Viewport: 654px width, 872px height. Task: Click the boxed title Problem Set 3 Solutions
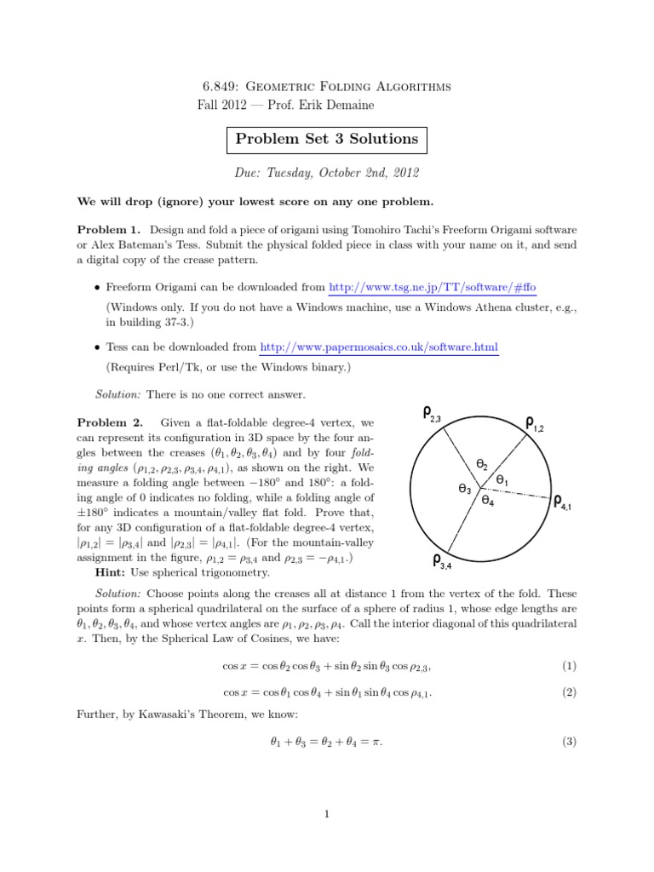pos(328,138)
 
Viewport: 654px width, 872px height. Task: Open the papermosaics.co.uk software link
pos(379,347)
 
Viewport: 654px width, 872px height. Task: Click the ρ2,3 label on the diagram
pos(432,415)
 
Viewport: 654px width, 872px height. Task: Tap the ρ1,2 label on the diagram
pos(534,422)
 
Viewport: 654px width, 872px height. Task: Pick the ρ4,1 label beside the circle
pos(563,502)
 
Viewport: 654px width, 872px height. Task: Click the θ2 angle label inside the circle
pos(482,464)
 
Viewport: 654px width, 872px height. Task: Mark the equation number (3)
pos(569,742)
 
